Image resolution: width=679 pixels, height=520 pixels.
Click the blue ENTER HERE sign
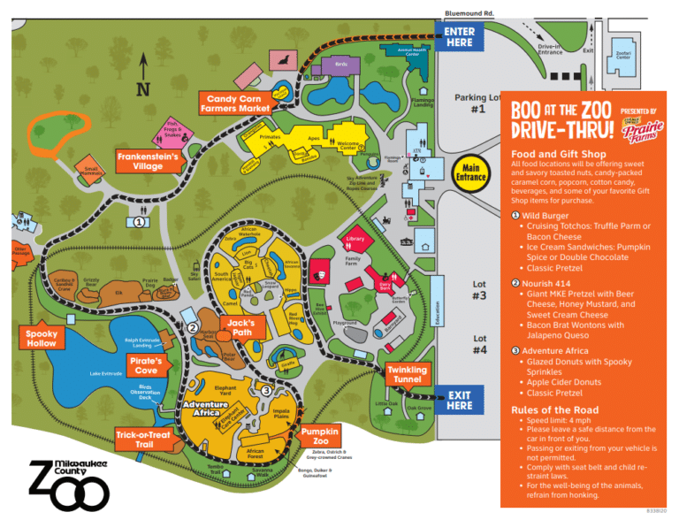pos(460,36)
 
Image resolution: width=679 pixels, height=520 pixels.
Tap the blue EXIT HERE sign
pos(460,401)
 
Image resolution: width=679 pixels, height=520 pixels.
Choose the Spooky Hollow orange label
pos(41,338)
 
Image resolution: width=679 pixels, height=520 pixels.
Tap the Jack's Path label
pos(240,328)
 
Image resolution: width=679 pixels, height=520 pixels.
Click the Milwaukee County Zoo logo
pos(67,482)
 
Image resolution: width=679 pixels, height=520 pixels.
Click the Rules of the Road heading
pos(554,409)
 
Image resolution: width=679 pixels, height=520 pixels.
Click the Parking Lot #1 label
pos(478,103)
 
